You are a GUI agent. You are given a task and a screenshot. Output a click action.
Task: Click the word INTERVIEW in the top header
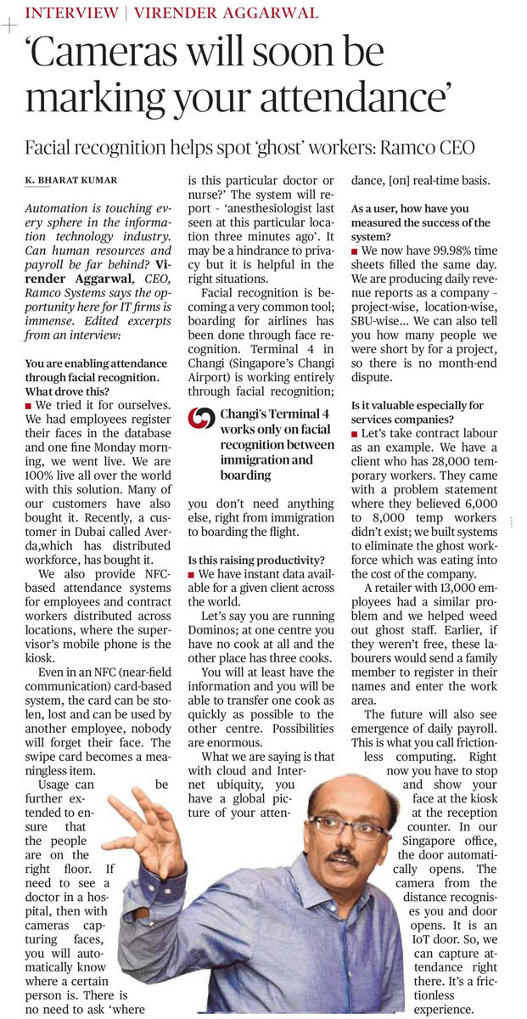pos(70,13)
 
